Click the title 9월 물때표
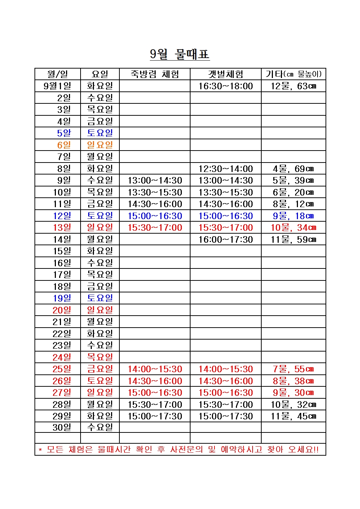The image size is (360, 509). tap(180, 54)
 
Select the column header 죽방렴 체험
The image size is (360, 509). tap(155, 74)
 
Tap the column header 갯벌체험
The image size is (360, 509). tap(225, 74)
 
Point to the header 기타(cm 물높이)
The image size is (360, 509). tap(293, 74)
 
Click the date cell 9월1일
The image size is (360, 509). tap(57, 86)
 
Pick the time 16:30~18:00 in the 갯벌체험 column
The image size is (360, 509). tap(225, 86)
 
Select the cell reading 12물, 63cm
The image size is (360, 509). tap(293, 86)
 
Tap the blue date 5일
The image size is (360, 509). tap(64, 133)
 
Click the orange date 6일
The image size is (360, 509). tap(64, 145)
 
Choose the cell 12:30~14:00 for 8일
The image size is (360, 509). tap(225, 169)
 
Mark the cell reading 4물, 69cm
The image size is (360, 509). tap(293, 169)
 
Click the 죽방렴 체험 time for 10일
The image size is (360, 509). tap(155, 192)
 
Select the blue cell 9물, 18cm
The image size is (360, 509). tap(293, 216)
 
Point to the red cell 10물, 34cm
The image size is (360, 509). tap(293, 228)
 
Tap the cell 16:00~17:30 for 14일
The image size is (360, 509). tap(225, 239)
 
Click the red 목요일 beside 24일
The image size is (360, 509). tap(100, 357)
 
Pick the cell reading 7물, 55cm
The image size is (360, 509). tap(293, 369)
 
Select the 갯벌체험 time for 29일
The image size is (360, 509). tap(225, 416)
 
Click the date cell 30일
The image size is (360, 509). tap(62, 427)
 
